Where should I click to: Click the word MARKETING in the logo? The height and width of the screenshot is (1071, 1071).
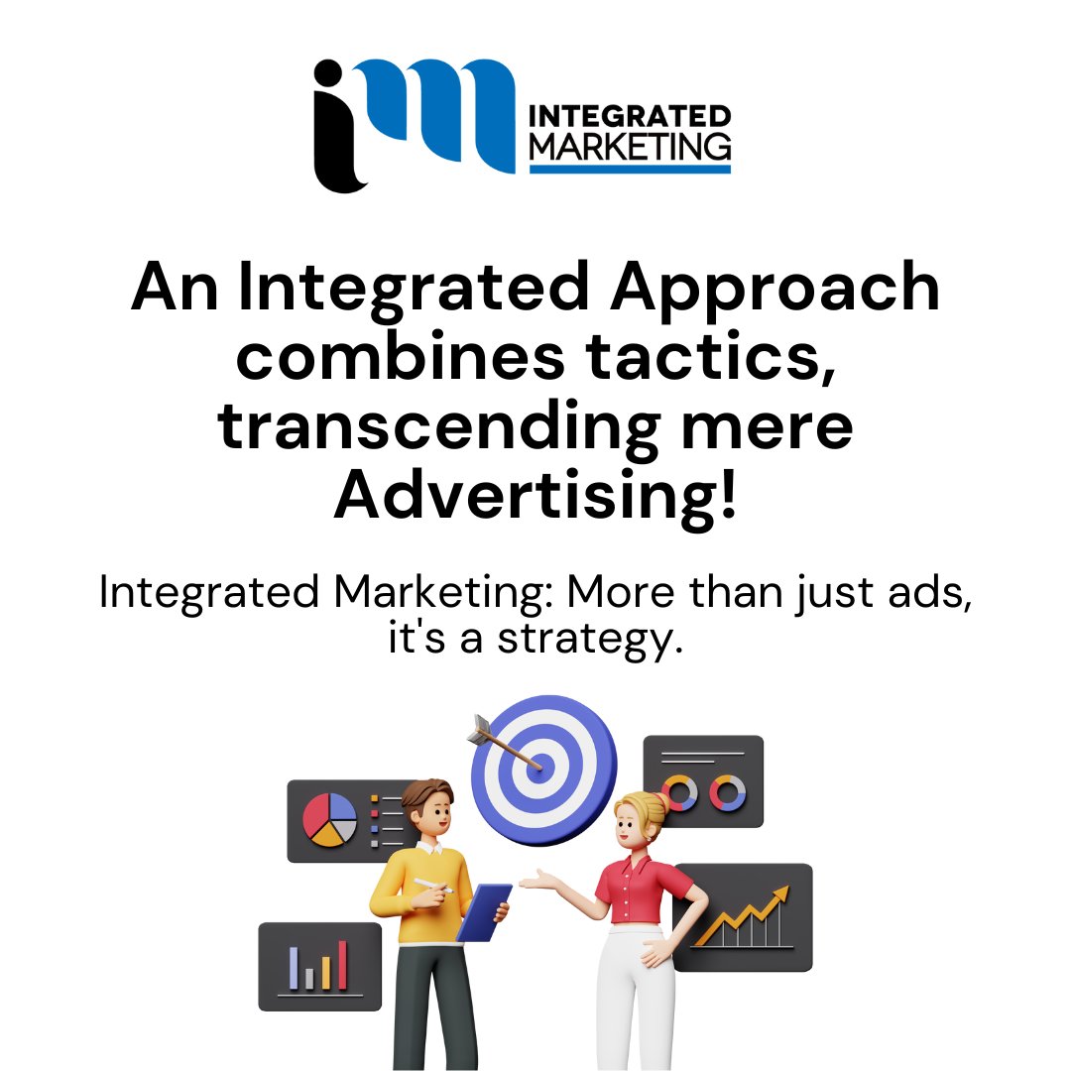[x=631, y=146]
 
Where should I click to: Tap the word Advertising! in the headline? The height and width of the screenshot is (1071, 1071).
[x=535, y=495]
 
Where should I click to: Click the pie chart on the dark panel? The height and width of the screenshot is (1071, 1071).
[x=329, y=820]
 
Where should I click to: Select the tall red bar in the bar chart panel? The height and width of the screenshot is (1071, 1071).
[x=342, y=964]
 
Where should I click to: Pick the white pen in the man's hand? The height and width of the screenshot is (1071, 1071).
[x=433, y=886]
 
